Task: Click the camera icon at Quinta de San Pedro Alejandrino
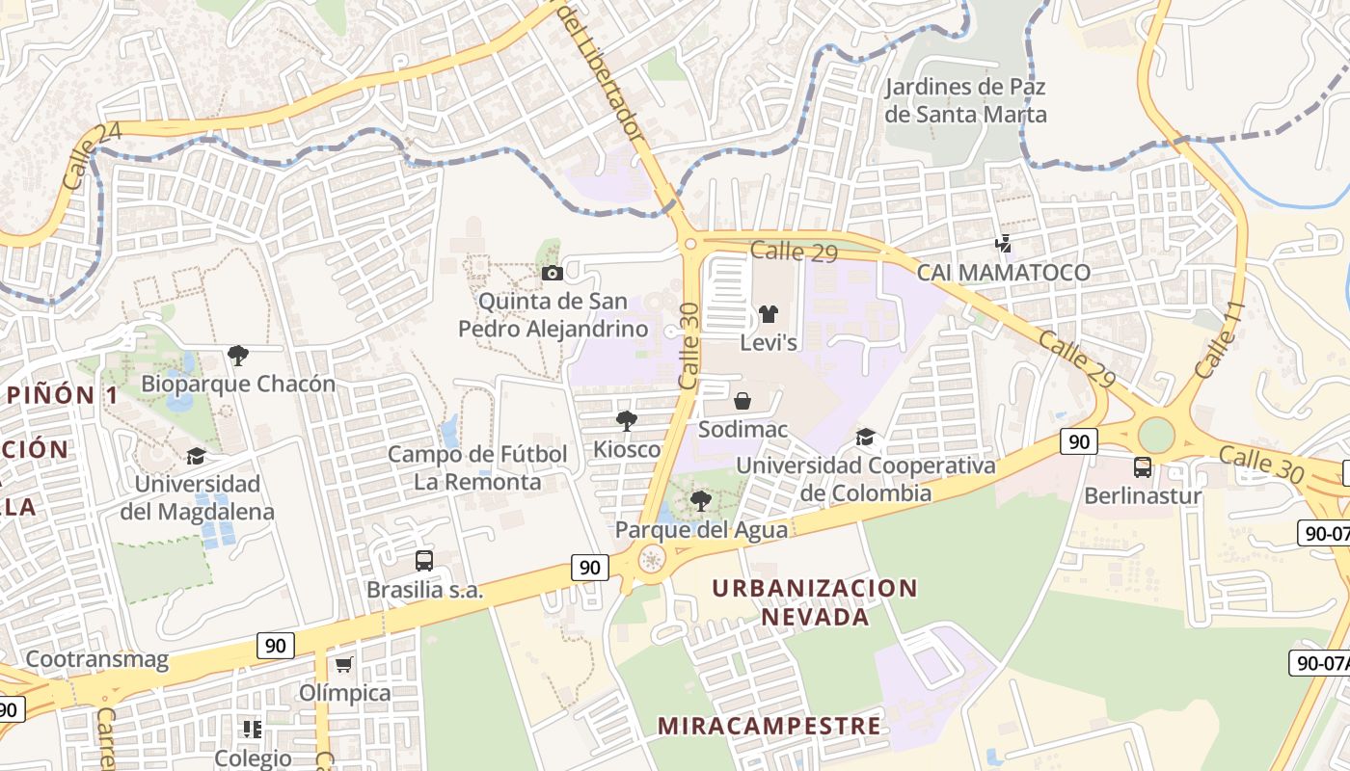pyautogui.click(x=553, y=274)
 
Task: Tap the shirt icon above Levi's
pyautogui.click(x=769, y=314)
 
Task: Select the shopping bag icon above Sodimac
pyautogui.click(x=742, y=401)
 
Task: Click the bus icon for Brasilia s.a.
pyautogui.click(x=423, y=561)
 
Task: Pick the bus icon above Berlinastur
pyautogui.click(x=1143, y=467)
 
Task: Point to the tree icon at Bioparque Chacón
pyautogui.click(x=238, y=356)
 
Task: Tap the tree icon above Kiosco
pyautogui.click(x=627, y=420)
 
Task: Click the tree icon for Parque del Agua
pyautogui.click(x=701, y=500)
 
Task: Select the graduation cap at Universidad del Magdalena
pyautogui.click(x=197, y=456)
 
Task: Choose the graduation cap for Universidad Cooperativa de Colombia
pyautogui.click(x=865, y=438)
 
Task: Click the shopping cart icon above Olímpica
pyautogui.click(x=344, y=664)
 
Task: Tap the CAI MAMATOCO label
pyautogui.click(x=1003, y=273)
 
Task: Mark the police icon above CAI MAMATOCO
pyautogui.click(x=1004, y=244)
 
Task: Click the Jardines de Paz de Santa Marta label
pyautogui.click(x=965, y=100)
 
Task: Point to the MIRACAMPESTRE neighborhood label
pyautogui.click(x=769, y=726)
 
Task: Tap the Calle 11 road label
pyautogui.click(x=1220, y=340)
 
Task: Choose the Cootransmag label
pyautogui.click(x=96, y=660)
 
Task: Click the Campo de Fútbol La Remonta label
pyautogui.click(x=477, y=467)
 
